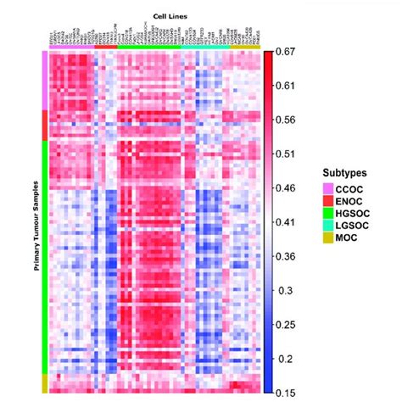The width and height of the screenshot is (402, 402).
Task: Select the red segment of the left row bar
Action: coord(45,125)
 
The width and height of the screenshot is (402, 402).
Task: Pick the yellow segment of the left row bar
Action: coord(45,382)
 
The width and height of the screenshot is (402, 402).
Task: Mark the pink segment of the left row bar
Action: coord(45,80)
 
